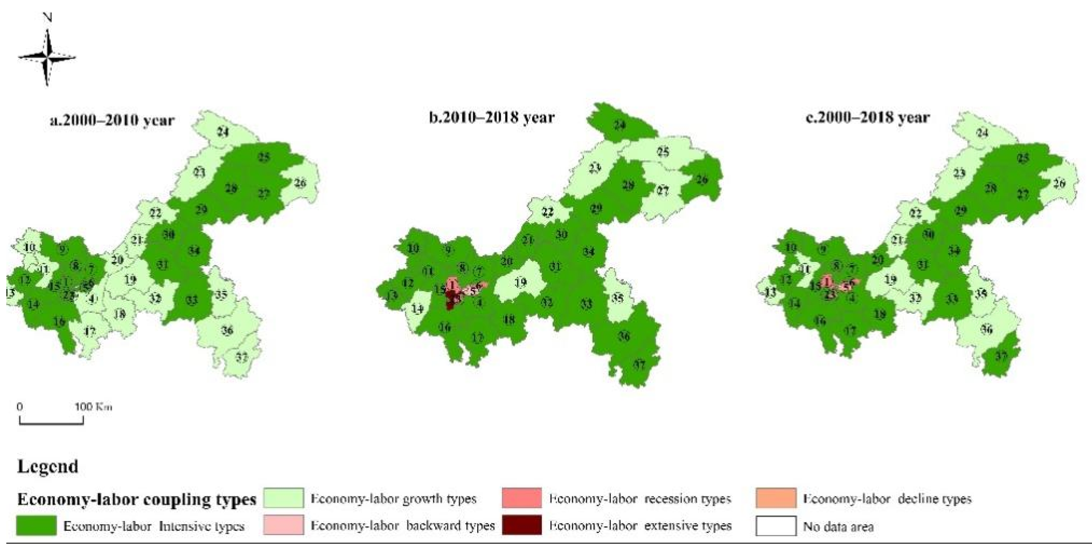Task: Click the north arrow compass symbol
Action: click(x=47, y=57)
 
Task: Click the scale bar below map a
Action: click(x=51, y=420)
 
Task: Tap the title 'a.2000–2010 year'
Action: click(x=112, y=121)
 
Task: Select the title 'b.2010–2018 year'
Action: click(x=491, y=117)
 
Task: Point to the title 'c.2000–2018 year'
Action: click(x=867, y=117)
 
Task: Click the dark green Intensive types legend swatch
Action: click(x=36, y=525)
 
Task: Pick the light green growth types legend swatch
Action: click(x=283, y=498)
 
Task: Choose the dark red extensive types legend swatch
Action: click(x=522, y=525)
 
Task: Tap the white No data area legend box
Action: click(x=775, y=525)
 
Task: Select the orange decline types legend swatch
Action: click(x=775, y=498)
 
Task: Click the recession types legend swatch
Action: click(x=522, y=498)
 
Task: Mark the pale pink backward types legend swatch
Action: click(x=283, y=525)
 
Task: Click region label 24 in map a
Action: click(x=223, y=132)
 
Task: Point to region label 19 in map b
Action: click(x=521, y=282)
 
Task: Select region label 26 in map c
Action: click(x=1059, y=184)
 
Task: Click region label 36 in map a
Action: click(x=227, y=330)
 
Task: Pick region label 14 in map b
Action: click(x=417, y=309)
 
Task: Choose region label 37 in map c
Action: click(x=1001, y=355)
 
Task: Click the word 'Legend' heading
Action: click(x=48, y=466)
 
